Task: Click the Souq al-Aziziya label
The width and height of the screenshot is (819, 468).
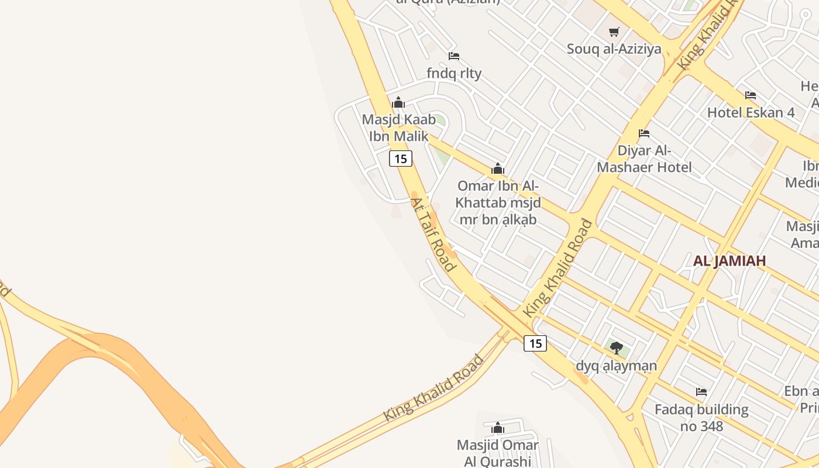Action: (x=614, y=49)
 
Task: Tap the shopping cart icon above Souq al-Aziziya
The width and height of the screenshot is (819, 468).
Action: (x=614, y=32)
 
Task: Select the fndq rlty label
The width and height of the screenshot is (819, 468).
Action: (x=454, y=73)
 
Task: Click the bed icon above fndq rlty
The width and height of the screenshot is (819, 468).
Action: (x=454, y=56)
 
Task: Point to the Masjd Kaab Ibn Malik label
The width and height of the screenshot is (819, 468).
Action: (x=398, y=128)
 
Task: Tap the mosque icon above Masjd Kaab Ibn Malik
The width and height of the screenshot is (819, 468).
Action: (x=398, y=103)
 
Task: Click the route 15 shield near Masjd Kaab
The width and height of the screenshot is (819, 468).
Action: (x=401, y=159)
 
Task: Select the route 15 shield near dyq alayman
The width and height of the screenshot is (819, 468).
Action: (x=535, y=343)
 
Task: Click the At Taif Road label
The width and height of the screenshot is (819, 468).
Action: (x=432, y=234)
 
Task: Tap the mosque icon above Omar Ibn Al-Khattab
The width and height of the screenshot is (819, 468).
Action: (x=498, y=169)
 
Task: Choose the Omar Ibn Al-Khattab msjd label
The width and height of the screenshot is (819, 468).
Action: (x=498, y=202)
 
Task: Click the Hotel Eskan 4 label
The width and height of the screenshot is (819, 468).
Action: (x=751, y=112)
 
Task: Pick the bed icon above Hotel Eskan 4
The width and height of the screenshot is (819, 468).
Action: (x=751, y=95)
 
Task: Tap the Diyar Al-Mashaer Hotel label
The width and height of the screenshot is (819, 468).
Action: (x=644, y=159)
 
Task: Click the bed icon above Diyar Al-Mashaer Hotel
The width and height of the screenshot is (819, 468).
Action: (x=644, y=133)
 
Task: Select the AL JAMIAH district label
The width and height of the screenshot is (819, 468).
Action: (x=729, y=261)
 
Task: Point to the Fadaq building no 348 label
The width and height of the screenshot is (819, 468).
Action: (x=701, y=418)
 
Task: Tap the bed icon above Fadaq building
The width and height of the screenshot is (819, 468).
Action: (x=701, y=392)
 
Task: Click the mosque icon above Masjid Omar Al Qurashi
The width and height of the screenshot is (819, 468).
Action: (x=498, y=428)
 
